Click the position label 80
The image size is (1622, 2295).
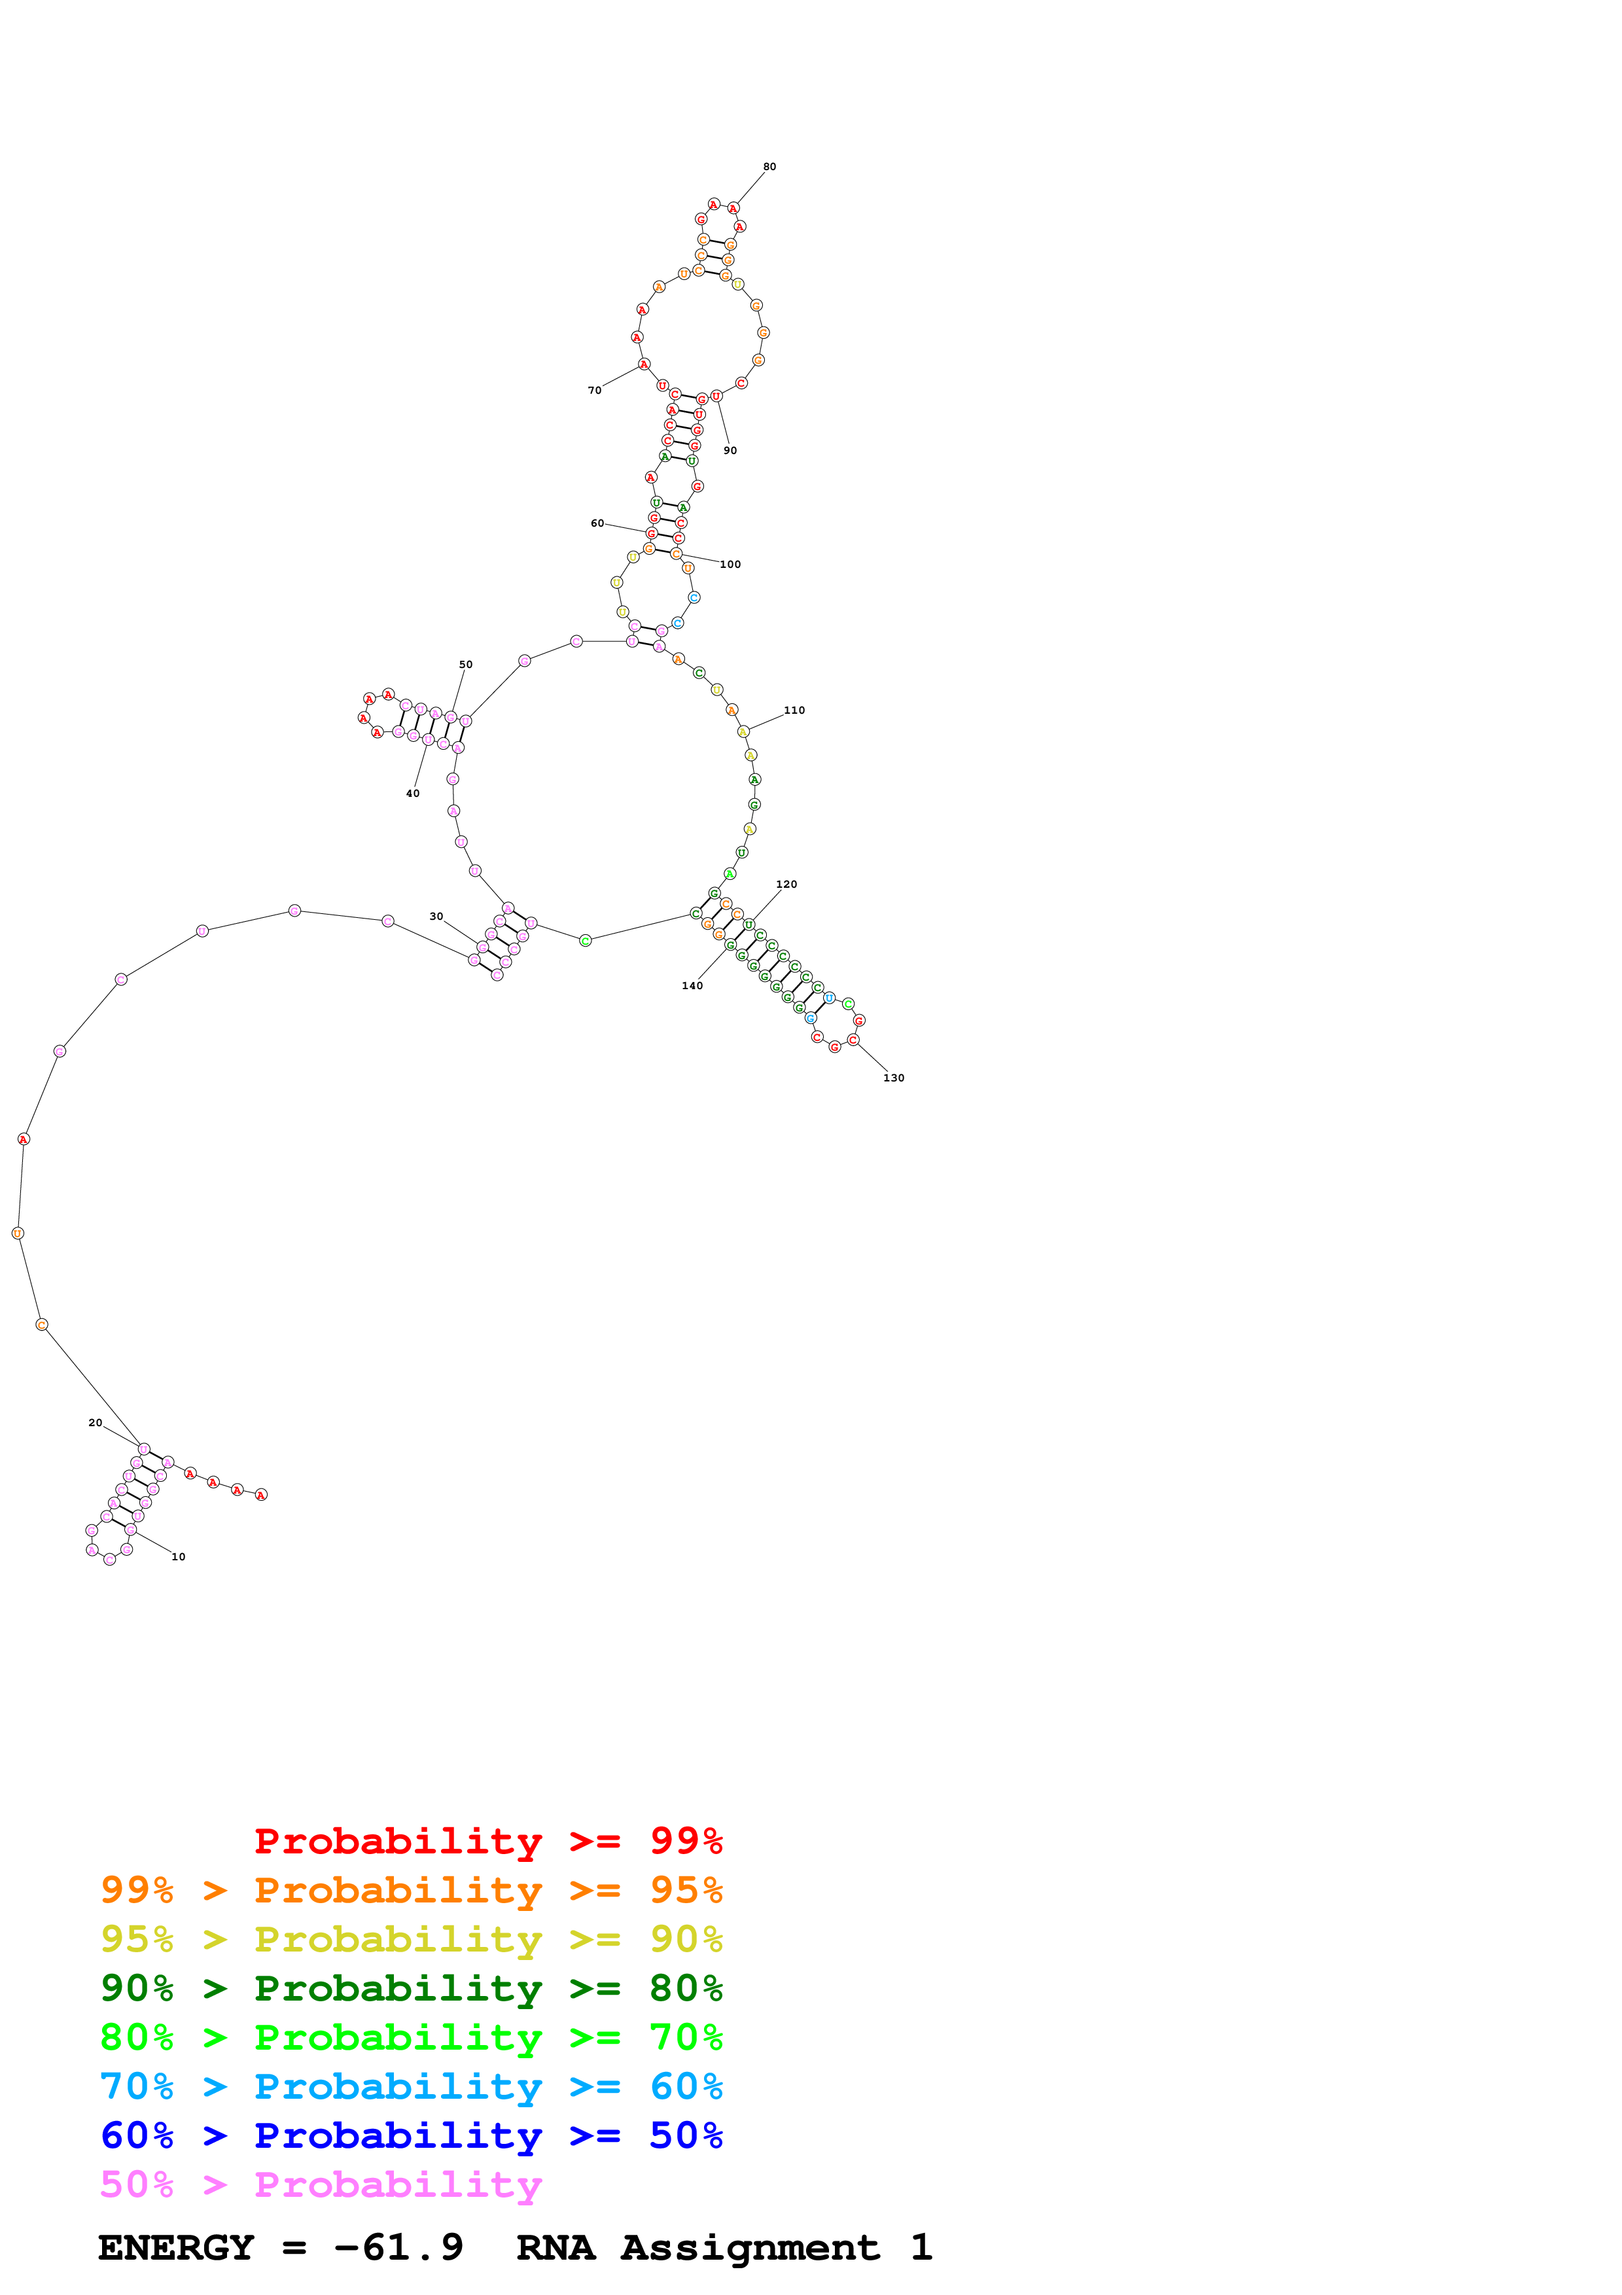(769, 167)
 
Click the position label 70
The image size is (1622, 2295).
(595, 391)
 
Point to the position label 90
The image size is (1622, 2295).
(731, 451)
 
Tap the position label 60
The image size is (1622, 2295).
(597, 524)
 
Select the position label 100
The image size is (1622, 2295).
(731, 565)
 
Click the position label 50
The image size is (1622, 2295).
(466, 665)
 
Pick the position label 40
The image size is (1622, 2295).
(413, 794)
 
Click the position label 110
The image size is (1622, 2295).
(794, 710)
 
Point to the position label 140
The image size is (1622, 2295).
(693, 985)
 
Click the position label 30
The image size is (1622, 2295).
(436, 917)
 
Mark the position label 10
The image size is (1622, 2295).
(179, 1556)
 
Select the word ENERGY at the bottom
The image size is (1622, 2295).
(176, 2247)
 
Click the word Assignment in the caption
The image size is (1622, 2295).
(750, 2247)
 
